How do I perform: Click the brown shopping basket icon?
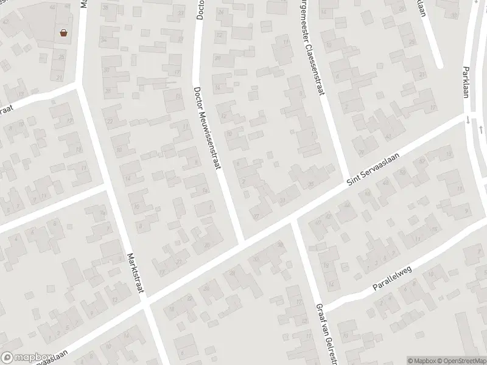pyautogui.click(x=64, y=34)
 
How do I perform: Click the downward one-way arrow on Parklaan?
pyautogui.click(x=467, y=120)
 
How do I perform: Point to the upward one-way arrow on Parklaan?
pyautogui.click(x=480, y=129)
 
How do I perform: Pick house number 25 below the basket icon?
pyautogui.click(x=61, y=57)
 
